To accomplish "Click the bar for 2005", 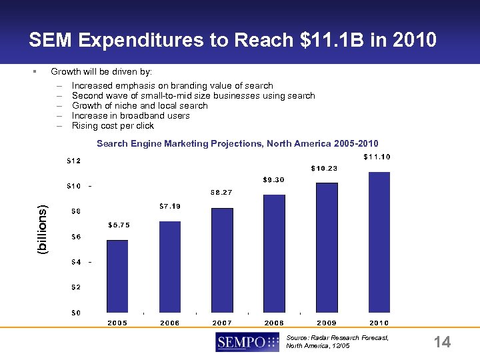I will [117, 276].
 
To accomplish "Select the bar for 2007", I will [222, 260].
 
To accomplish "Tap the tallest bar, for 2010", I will [379, 242].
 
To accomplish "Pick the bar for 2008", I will [274, 253].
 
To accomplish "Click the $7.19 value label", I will [169, 207].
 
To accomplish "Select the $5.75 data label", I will [119, 225].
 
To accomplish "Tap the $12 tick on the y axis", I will [74, 161].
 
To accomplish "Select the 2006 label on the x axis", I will [169, 323].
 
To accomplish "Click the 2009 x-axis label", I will [327, 323].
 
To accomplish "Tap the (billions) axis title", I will [43, 229].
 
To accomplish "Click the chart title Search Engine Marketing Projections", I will [237, 143].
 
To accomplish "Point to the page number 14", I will [442, 343].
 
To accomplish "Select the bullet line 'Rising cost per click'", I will [113, 125].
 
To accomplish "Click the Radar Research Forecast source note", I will [336, 342].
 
